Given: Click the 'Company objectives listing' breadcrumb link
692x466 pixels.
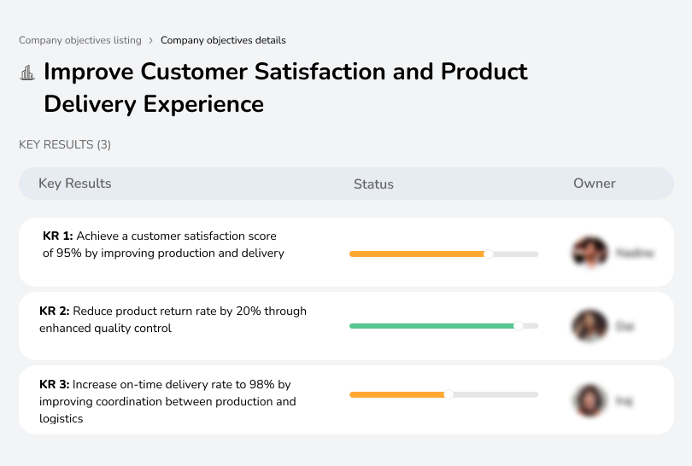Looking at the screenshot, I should (80, 40).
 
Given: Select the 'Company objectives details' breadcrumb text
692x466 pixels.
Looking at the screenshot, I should (223, 40).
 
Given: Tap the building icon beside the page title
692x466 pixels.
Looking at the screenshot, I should (27, 73).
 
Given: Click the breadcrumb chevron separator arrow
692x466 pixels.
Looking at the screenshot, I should (151, 40).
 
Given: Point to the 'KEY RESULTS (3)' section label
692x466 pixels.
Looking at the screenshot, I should (65, 145).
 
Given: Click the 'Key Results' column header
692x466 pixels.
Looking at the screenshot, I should (74, 183).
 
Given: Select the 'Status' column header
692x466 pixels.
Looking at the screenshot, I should (373, 183).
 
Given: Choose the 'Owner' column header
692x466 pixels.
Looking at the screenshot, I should (594, 183).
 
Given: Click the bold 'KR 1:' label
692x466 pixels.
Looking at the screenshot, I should (58, 236).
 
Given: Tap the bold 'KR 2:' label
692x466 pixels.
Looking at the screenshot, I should (55, 312).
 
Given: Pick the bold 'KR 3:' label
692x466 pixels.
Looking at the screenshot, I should (55, 385).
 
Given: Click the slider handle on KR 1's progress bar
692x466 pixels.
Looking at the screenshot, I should (489, 253).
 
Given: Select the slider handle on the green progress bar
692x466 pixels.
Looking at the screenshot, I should (518, 326).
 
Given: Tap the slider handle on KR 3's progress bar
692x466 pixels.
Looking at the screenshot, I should (449, 394).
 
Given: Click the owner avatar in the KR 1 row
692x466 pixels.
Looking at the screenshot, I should (589, 253).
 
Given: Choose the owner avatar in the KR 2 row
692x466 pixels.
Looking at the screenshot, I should (589, 326).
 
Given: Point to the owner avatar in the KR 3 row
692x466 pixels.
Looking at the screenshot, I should (589, 399).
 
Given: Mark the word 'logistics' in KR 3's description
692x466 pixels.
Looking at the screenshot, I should (62, 419).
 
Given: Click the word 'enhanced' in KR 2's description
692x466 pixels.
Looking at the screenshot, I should (67, 329).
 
